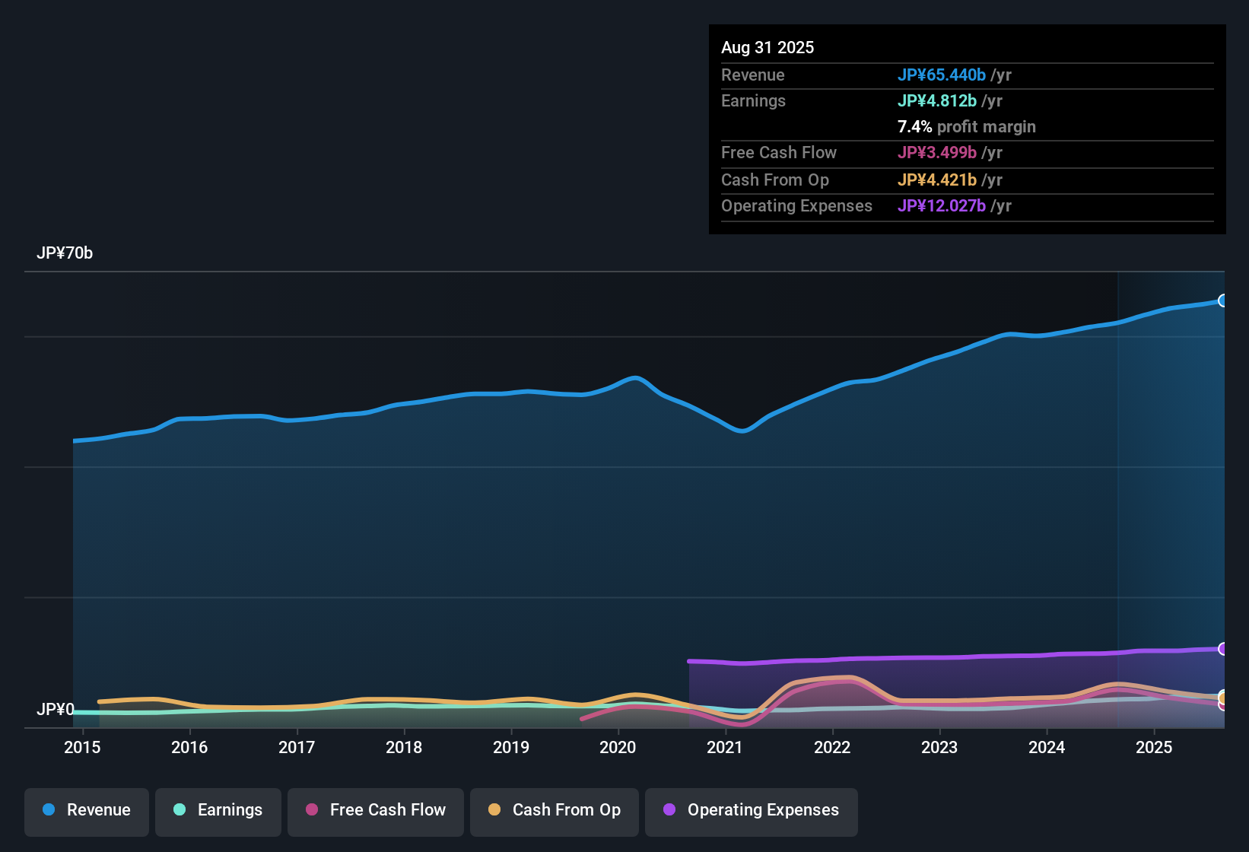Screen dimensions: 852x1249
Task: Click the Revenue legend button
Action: (x=87, y=810)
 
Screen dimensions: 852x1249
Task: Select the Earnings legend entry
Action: (x=218, y=810)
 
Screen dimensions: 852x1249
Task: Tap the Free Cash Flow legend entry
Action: (x=376, y=810)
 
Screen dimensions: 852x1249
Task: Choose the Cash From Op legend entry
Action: (x=555, y=810)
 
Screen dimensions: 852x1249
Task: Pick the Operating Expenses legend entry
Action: (x=752, y=810)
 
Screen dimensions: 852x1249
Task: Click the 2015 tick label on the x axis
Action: (x=82, y=747)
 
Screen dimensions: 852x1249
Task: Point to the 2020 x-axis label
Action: (x=618, y=747)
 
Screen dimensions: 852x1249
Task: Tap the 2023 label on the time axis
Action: (x=939, y=747)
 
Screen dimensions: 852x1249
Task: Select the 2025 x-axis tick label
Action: (x=1154, y=747)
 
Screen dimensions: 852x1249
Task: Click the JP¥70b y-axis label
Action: (x=65, y=253)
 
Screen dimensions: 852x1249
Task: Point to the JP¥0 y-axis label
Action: (x=56, y=710)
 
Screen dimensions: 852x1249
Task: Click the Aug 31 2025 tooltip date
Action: (x=768, y=48)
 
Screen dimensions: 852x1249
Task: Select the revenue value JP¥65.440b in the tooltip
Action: (x=942, y=75)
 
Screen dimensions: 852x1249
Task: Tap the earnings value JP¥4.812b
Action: (x=937, y=101)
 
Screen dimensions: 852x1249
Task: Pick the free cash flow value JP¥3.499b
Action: (x=937, y=153)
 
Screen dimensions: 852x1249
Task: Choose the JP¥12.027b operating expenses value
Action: (x=942, y=206)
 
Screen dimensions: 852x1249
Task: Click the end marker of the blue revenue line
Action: (x=1223, y=300)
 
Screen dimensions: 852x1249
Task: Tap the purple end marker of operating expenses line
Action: (x=1223, y=649)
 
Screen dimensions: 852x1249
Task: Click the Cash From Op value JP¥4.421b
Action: (x=937, y=180)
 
